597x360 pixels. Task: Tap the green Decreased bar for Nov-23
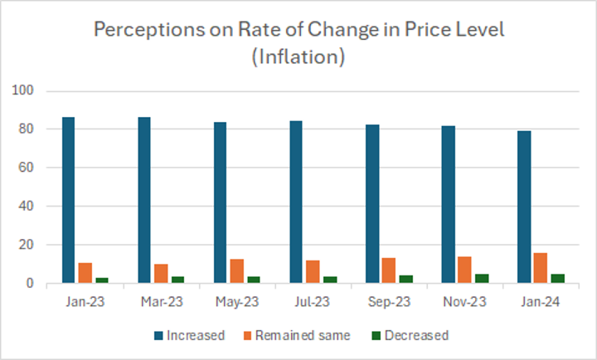click(x=481, y=279)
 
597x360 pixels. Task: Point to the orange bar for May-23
click(x=236, y=271)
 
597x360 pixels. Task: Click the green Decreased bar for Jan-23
click(x=101, y=280)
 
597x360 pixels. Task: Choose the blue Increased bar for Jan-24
click(x=524, y=207)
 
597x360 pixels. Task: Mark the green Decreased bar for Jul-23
click(x=329, y=280)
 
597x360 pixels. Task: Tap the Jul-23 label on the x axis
click(x=313, y=303)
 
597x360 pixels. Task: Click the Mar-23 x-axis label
click(x=161, y=303)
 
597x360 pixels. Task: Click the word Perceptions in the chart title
click(x=143, y=31)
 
